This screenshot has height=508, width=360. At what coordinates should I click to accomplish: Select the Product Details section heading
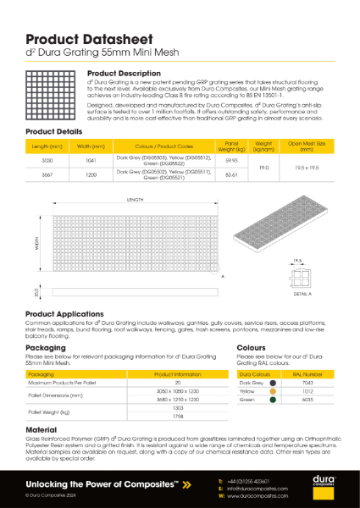pyautogui.click(x=53, y=133)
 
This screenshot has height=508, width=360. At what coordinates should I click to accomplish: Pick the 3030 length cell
pyautogui.click(x=47, y=159)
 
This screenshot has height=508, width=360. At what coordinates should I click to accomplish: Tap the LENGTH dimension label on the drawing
pyautogui.click(x=136, y=200)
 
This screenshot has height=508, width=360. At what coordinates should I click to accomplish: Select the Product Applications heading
pyautogui.click(x=64, y=313)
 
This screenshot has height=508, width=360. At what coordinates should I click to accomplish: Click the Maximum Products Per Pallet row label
pyautogui.click(x=62, y=382)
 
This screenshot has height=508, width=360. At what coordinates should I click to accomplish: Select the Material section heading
pyautogui.click(x=42, y=429)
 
